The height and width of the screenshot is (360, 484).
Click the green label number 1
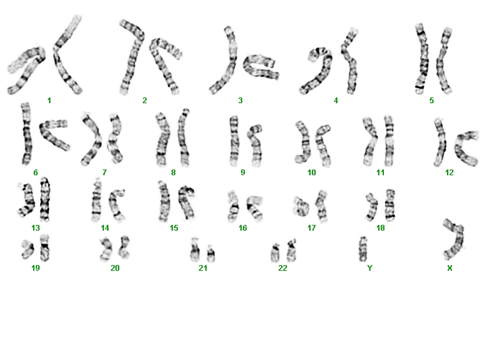(49, 100)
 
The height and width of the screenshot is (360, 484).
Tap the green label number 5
(432, 100)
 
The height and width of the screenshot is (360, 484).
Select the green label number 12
(449, 173)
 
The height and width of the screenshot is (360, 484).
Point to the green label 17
(311, 228)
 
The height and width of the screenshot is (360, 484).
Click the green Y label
(370, 268)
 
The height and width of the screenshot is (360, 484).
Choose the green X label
(450, 268)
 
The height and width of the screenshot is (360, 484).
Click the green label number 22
(282, 268)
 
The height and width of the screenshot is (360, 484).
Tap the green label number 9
(242, 173)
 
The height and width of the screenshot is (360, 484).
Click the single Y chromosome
(363, 249)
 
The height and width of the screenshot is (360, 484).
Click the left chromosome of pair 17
(301, 206)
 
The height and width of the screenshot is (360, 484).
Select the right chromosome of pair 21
(211, 254)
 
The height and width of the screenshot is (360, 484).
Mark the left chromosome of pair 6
(27, 134)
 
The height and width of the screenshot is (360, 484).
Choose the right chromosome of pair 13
(45, 199)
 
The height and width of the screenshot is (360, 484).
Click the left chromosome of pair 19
(28, 250)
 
